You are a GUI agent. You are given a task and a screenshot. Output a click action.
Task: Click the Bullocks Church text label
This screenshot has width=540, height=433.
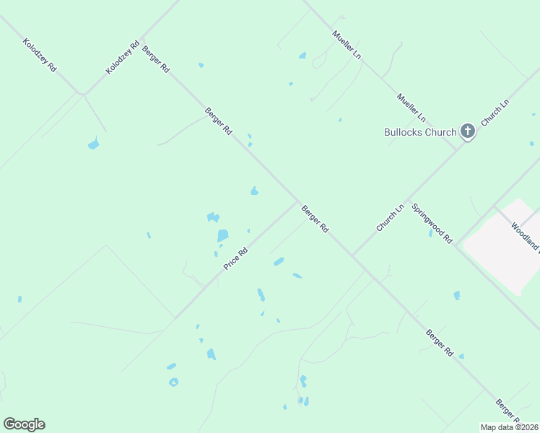pos(419,132)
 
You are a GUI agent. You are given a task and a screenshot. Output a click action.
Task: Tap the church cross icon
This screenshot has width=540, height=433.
pos(468,131)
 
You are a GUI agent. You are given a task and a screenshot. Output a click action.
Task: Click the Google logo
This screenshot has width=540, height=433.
pos(24,424)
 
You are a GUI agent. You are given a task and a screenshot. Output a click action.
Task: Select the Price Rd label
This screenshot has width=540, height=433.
pos(236,259)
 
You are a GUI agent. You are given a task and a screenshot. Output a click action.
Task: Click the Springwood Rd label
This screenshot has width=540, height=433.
pos(432,223)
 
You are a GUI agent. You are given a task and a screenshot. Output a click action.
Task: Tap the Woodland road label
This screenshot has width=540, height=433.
pos(526,236)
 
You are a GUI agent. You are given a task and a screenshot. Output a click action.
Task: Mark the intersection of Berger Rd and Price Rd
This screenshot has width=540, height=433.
pos(297,203)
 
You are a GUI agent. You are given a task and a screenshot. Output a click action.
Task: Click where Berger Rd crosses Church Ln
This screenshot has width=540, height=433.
pos(352,256)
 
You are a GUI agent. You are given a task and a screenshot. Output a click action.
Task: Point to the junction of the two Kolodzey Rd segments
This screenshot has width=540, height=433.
pos(84,94)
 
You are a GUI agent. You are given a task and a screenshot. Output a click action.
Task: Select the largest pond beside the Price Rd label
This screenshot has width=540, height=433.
pos(222,235)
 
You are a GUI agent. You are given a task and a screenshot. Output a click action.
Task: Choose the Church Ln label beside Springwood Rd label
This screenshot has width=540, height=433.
pos(390,218)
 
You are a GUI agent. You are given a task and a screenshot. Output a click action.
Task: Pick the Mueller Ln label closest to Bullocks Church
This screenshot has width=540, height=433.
pos(411,108)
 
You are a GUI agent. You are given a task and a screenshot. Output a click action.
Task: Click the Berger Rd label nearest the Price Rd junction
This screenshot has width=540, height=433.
pos(315,218)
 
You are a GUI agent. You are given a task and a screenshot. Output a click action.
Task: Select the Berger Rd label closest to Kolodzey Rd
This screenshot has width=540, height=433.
pos(156,59)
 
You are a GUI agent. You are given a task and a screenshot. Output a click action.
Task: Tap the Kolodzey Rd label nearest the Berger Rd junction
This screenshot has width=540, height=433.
pos(121,56)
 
